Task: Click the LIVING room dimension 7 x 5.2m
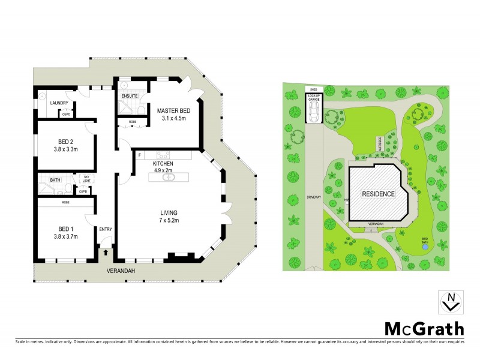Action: click(x=169, y=220)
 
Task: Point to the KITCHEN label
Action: click(x=163, y=163)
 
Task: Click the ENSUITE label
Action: click(x=130, y=96)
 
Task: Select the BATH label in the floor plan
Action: click(x=55, y=180)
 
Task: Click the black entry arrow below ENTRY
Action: click(x=106, y=252)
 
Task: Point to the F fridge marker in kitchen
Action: click(x=139, y=156)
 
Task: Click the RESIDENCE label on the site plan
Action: click(x=377, y=194)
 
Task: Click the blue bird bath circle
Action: click(x=425, y=245)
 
